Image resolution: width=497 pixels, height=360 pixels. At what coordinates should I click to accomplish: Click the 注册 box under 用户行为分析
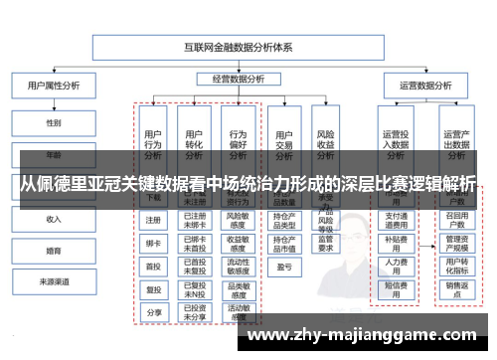(153, 220)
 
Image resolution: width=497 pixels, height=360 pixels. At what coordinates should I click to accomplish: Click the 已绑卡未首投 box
(196, 243)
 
